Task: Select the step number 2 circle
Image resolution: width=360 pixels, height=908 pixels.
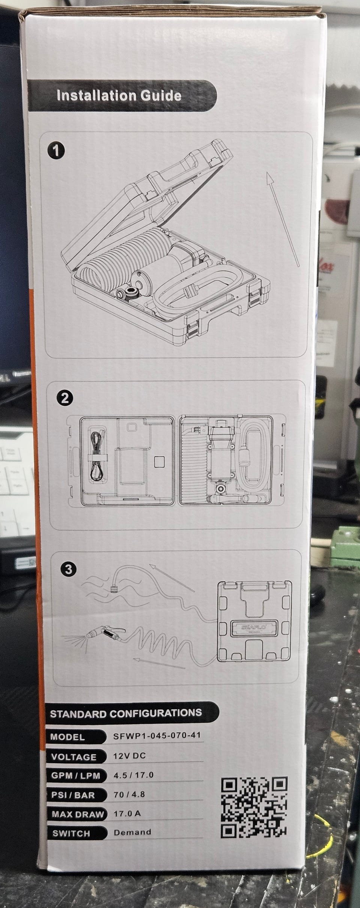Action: tap(65, 398)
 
